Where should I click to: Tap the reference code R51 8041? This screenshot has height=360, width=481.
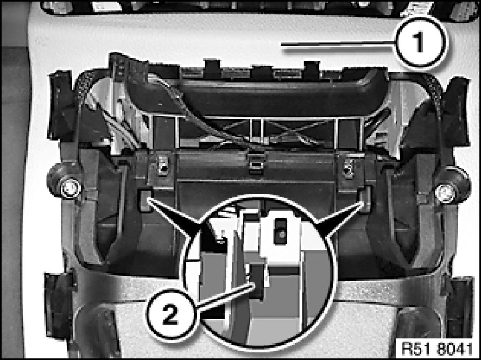pyautogui.click(x=437, y=348)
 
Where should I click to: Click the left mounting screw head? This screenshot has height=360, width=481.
pyautogui.click(x=70, y=189)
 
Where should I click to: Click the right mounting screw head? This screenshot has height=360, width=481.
pyautogui.click(x=445, y=193)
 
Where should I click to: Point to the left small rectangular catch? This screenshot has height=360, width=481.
pyautogui.click(x=145, y=200)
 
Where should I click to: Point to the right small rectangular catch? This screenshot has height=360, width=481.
pyautogui.click(x=365, y=200)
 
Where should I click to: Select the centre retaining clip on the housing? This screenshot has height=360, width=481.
pyautogui.click(x=256, y=162)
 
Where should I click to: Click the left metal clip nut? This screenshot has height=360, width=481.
pyautogui.click(x=163, y=165)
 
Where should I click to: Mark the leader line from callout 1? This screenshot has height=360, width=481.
pyautogui.click(x=338, y=45)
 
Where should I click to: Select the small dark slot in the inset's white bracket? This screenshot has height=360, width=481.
pyautogui.click(x=280, y=231)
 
